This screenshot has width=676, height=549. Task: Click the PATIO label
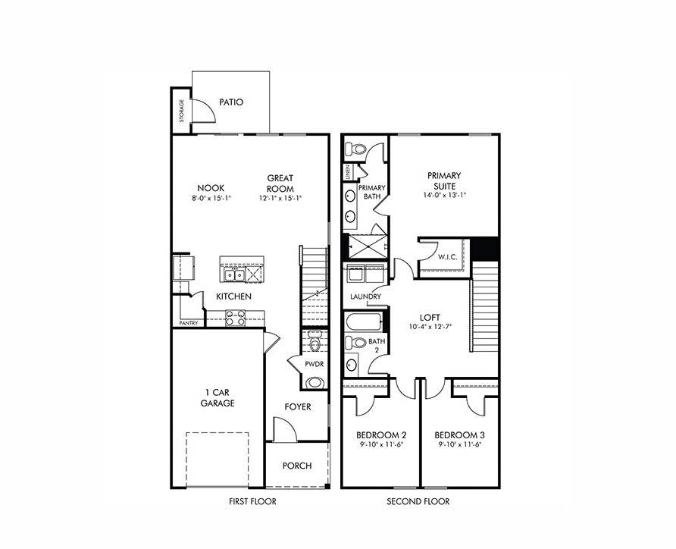[231, 102]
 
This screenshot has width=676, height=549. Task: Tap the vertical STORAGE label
[181, 111]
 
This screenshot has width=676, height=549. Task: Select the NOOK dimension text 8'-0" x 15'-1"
[210, 199]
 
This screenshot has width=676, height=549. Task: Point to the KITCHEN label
[233, 296]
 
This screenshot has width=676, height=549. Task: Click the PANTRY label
[189, 323]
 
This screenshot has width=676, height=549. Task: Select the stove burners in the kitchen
[235, 320]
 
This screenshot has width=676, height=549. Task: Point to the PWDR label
[315, 364]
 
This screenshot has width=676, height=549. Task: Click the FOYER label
[297, 407]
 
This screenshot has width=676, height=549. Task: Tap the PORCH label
[296, 465]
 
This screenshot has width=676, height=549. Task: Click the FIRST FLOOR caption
[252, 502]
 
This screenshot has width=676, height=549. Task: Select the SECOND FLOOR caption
[418, 502]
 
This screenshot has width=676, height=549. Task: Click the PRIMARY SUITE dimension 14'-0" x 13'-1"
[445, 195]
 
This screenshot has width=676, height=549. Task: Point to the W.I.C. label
[446, 257]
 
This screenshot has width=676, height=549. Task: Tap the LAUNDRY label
[365, 296]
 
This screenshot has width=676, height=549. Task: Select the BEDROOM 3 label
[459, 435]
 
